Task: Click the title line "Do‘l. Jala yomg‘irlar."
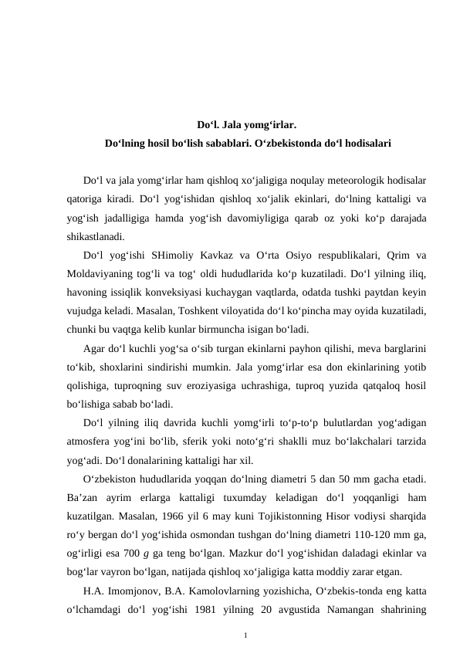click(247, 124)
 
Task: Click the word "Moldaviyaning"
click(100, 274)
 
